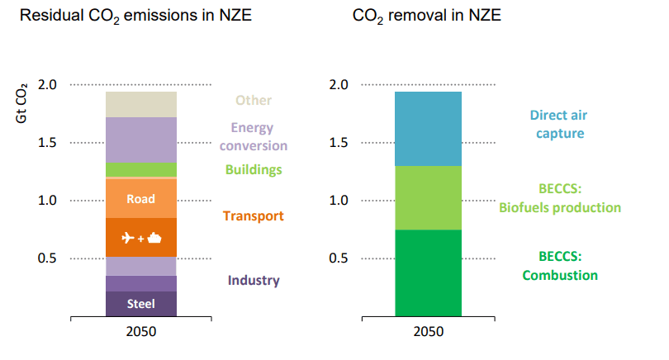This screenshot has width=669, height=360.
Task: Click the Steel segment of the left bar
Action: pyautogui.click(x=141, y=304)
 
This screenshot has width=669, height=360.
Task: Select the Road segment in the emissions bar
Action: pyautogui.click(x=141, y=199)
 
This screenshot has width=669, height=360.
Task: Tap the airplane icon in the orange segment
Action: pyautogui.click(x=130, y=239)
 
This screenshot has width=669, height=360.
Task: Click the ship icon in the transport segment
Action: pyautogui.click(x=154, y=239)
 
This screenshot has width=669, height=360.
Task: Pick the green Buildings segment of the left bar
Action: pyautogui.click(x=141, y=170)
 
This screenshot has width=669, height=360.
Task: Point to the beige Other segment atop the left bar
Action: pyautogui.click(x=141, y=105)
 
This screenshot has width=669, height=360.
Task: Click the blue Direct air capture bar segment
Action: pyautogui.click(x=428, y=129)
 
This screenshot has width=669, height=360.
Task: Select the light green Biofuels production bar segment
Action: pyautogui.click(x=428, y=198)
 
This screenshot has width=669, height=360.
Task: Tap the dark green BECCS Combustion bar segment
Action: pyautogui.click(x=428, y=272)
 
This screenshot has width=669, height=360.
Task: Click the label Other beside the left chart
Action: pyautogui.click(x=254, y=101)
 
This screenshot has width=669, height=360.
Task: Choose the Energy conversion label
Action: pyautogui.click(x=254, y=136)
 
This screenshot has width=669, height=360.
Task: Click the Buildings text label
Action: pyautogui.click(x=254, y=170)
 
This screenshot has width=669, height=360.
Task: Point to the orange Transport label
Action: pyautogui.click(x=254, y=216)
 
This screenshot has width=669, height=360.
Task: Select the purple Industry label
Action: pyautogui.click(x=254, y=281)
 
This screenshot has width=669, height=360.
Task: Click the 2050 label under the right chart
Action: pyautogui.click(x=428, y=331)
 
